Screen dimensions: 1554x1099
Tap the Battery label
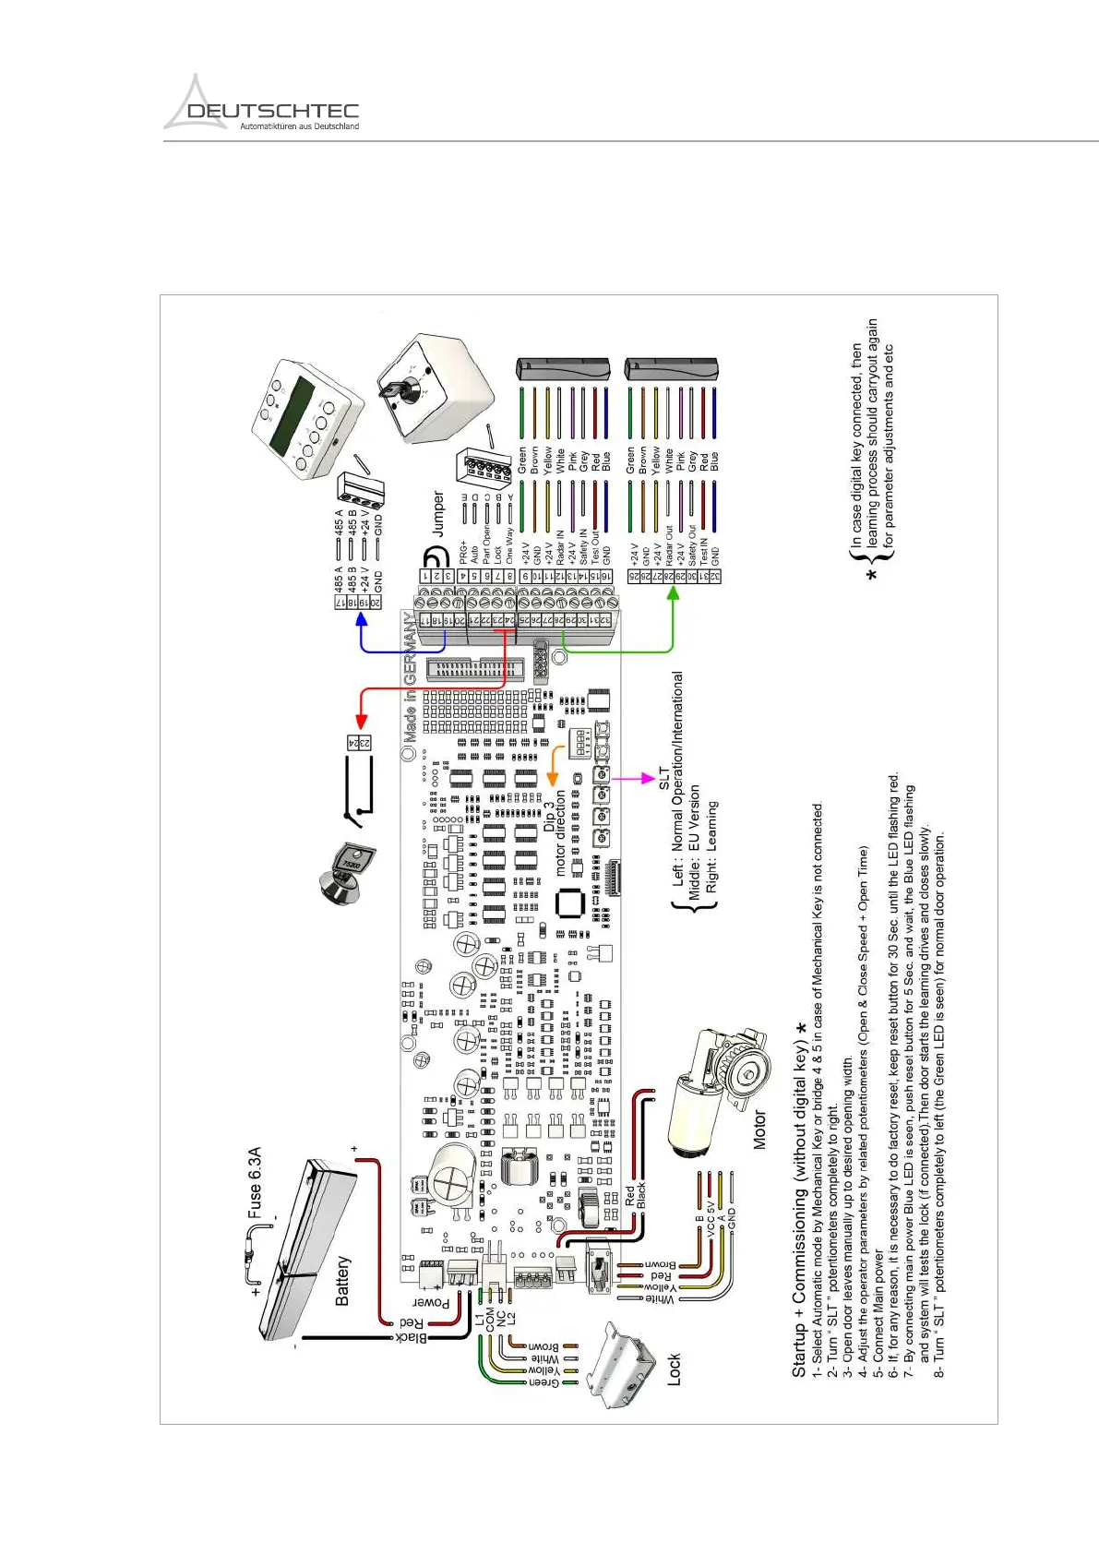click(342, 1280)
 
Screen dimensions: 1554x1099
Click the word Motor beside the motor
click(759, 1130)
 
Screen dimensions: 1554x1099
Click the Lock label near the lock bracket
click(675, 1369)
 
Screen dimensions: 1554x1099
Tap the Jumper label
click(439, 513)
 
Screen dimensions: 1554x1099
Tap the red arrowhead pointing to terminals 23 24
click(362, 721)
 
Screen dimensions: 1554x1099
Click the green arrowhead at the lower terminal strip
click(674, 593)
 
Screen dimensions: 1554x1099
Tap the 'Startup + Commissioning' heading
click(799, 1199)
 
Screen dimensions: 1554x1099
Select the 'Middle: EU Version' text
click(695, 842)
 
